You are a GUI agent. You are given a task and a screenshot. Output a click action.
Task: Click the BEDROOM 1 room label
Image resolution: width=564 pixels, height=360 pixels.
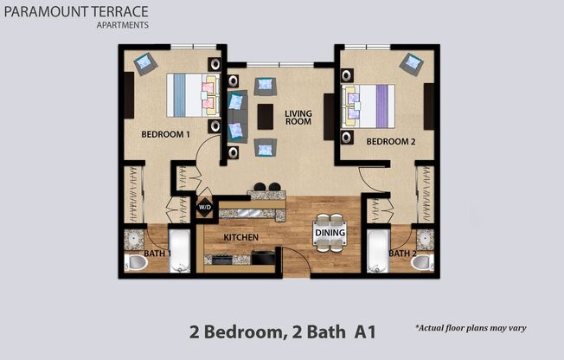165,134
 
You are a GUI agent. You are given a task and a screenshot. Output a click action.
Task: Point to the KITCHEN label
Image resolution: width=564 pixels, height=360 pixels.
241,236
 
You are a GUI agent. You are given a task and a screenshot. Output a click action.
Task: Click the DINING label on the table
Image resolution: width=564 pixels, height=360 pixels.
330,233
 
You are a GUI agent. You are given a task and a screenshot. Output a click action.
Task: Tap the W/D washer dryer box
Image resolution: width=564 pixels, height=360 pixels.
205,208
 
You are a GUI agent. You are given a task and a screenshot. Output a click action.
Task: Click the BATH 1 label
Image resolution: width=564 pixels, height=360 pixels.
157,253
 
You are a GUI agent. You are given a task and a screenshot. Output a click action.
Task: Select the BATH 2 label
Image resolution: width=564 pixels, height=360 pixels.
401,253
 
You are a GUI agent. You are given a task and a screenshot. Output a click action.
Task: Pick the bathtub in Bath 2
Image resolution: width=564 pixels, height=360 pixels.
379,252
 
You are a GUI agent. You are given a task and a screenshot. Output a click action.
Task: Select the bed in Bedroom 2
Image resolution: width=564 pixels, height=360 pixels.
370,104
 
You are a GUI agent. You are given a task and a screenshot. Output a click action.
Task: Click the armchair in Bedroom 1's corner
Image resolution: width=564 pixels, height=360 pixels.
144,63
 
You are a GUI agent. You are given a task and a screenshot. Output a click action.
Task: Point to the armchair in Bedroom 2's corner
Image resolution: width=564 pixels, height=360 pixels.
413,64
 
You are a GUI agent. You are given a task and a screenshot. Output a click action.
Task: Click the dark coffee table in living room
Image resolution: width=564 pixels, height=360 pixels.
266,117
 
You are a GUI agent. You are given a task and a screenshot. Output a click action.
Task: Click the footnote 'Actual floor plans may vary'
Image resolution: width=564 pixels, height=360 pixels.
471,329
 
